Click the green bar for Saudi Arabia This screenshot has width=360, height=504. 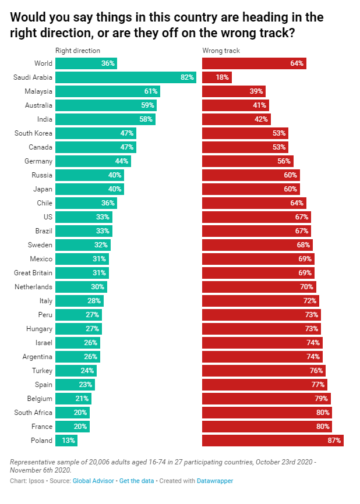click(126, 77)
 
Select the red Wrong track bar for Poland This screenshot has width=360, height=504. click(273, 441)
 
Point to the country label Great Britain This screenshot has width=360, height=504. click(33, 273)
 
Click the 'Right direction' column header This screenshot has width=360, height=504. click(77, 51)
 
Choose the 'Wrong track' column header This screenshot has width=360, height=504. click(221, 51)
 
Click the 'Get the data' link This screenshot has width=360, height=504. click(135, 481)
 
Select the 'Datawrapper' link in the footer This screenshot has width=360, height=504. click(215, 481)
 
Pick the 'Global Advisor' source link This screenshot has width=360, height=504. click(93, 481)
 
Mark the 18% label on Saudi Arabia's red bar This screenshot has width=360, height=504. click(222, 77)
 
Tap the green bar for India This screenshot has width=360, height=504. click(105, 119)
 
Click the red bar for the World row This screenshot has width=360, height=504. click(254, 63)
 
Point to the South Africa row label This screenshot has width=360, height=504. click(33, 413)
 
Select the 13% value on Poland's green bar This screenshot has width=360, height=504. click(69, 441)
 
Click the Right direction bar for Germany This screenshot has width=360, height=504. click(93, 161)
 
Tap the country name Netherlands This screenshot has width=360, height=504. click(34, 287)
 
